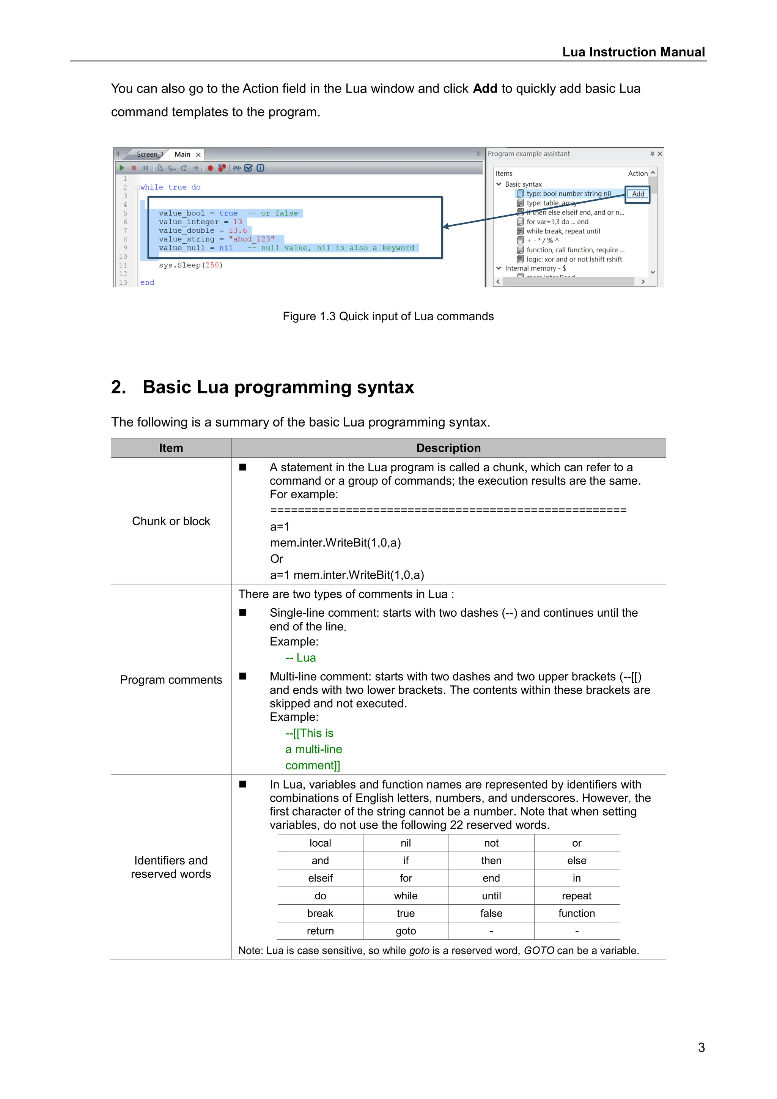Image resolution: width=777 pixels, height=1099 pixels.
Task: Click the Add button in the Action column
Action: (638, 194)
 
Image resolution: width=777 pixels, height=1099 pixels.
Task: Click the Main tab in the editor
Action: (182, 154)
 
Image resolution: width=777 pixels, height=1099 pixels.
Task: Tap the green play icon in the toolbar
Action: (122, 168)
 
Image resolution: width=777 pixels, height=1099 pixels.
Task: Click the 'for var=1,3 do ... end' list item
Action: (557, 222)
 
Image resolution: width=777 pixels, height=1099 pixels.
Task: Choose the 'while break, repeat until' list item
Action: (563, 231)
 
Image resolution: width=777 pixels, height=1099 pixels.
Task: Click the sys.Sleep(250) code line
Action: (190, 265)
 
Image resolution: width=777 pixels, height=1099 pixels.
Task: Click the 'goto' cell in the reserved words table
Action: (405, 931)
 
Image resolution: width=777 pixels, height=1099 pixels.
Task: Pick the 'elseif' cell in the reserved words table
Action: (320, 879)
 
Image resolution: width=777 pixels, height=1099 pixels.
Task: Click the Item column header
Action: (171, 448)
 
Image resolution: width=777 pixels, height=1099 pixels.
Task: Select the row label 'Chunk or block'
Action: (171, 521)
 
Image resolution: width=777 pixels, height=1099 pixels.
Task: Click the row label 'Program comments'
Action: (171, 680)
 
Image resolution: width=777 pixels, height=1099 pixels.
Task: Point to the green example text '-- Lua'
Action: (300, 658)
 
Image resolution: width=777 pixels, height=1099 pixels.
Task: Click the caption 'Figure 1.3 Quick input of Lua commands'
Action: (388, 316)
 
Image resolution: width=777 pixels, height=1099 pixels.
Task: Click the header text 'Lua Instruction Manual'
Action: (633, 52)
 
